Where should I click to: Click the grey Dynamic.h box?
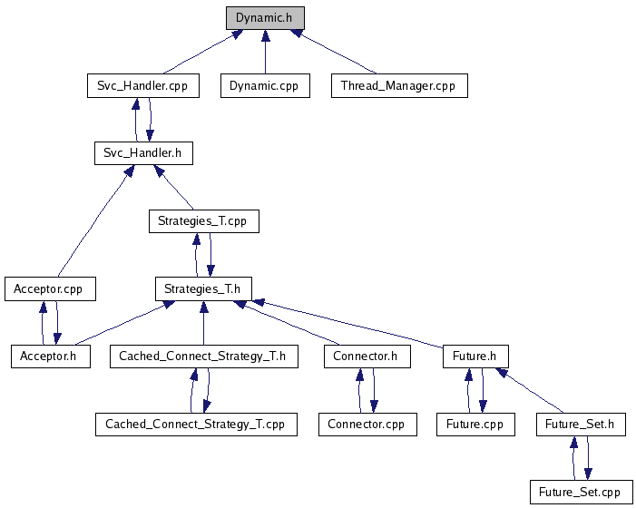click(265, 18)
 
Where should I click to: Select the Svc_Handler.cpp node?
click(142, 86)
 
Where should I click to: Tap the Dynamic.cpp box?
click(265, 86)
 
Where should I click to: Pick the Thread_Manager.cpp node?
click(398, 86)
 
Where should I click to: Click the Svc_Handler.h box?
click(142, 153)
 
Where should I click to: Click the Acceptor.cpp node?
click(50, 288)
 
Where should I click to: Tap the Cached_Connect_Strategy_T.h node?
click(202, 357)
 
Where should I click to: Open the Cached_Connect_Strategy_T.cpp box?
click(195, 424)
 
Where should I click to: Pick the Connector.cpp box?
click(367, 424)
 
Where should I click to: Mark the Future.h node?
click(475, 357)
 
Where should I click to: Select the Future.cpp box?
click(475, 424)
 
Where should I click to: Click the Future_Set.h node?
click(580, 424)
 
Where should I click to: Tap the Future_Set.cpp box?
click(580, 492)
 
